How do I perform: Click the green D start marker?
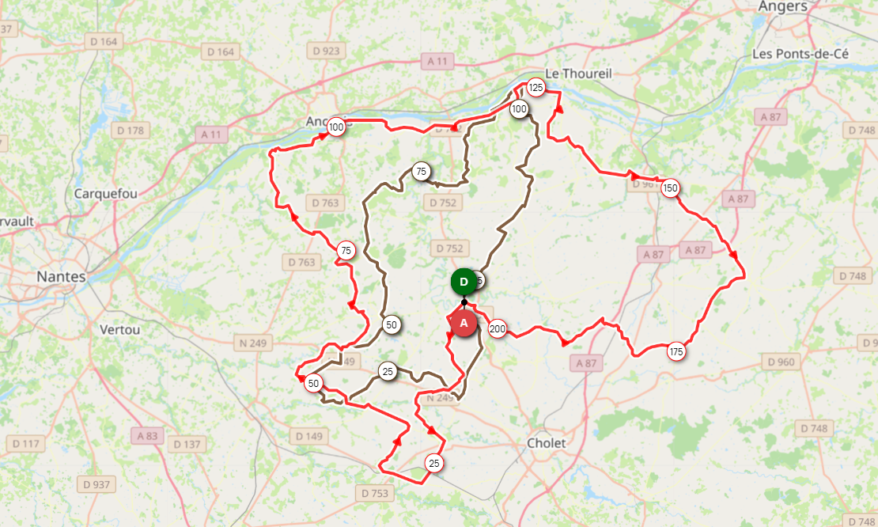[464, 282]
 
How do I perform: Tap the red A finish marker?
[464, 323]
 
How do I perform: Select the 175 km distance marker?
[676, 351]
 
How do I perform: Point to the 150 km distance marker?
[671, 188]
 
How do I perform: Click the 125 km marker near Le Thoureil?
[536, 88]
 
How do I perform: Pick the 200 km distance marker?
[498, 328]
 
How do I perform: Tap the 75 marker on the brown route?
[421, 171]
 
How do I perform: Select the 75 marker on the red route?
[346, 251]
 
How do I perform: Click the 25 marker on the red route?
[433, 463]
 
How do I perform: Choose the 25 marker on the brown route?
[388, 371]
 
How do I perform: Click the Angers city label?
[782, 7]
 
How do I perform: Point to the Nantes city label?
[61, 277]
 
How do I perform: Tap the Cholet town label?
[547, 443]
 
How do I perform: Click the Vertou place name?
[120, 329]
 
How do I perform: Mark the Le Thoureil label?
[579, 73]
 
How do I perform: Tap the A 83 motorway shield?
[147, 435]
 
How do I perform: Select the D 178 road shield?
[131, 131]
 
